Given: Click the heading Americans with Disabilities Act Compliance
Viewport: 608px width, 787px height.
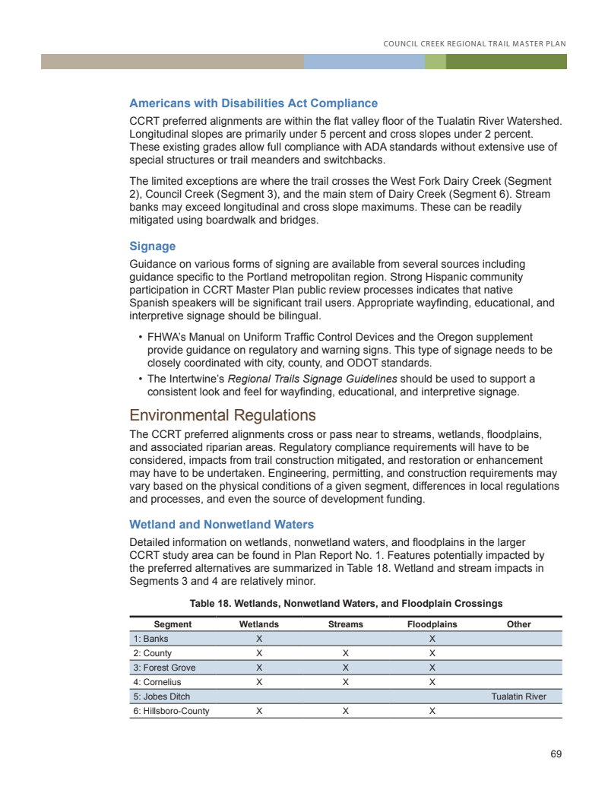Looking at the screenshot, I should point(253,103).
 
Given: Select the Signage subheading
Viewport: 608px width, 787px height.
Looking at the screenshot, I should point(152,246).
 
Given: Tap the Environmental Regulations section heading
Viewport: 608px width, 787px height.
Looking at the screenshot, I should point(222,415).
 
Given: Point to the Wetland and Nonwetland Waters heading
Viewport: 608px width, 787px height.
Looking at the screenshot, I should point(221,525).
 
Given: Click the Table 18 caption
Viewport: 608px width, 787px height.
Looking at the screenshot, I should point(346,604).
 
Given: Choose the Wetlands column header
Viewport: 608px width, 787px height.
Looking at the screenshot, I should point(259,624).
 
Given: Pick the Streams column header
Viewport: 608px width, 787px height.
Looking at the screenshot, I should point(345,624).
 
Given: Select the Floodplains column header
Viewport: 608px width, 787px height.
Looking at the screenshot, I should point(432,624).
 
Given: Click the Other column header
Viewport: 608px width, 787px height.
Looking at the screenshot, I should point(518,624).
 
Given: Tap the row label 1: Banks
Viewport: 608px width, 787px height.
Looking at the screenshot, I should point(150,639).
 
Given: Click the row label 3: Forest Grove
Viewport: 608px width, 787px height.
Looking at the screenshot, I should point(164,668).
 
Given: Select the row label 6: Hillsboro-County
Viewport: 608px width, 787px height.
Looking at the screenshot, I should point(171,711).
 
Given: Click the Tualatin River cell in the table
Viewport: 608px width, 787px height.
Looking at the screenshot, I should point(518,697).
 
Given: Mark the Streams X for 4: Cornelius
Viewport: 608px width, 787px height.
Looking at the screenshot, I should point(345,682).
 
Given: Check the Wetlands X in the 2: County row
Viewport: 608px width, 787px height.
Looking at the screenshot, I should point(259,653).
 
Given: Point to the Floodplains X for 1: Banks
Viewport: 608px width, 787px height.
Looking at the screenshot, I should point(432,639).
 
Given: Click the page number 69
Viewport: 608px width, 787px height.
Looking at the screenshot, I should point(556,754).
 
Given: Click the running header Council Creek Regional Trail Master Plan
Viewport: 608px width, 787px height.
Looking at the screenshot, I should point(475,43).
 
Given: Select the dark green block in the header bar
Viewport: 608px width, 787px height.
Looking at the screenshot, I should point(506,62).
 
